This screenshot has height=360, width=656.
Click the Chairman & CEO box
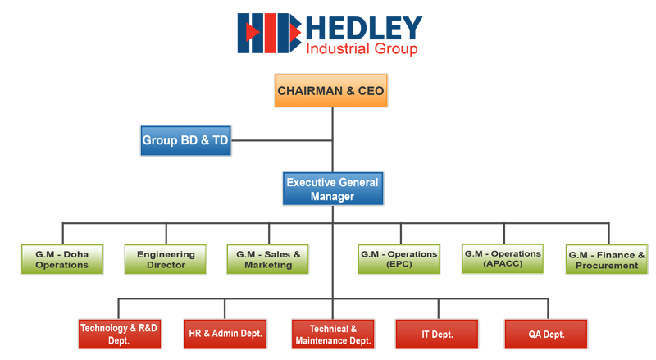(331, 90)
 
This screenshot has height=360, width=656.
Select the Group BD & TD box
(186, 140)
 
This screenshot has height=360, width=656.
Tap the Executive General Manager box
(333, 189)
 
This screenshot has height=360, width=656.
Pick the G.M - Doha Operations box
(62, 259)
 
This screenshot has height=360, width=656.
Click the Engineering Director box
(166, 259)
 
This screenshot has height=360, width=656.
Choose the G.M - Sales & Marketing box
(268, 259)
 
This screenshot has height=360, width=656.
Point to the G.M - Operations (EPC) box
(399, 259)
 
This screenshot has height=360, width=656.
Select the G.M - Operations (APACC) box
(503, 258)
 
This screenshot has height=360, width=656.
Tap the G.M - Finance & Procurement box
(607, 259)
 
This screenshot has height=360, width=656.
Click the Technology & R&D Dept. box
(120, 334)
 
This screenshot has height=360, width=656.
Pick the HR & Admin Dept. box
(225, 334)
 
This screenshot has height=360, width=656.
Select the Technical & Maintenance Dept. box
(333, 334)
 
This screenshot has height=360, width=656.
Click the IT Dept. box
(437, 334)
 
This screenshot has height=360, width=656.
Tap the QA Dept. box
(546, 334)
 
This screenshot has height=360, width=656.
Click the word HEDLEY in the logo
(364, 29)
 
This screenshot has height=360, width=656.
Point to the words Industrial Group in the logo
(362, 49)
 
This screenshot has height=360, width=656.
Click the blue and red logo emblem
(270, 33)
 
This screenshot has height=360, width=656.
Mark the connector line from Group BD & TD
(281, 140)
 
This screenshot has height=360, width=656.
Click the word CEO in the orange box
(371, 91)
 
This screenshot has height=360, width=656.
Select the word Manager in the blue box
(333, 196)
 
